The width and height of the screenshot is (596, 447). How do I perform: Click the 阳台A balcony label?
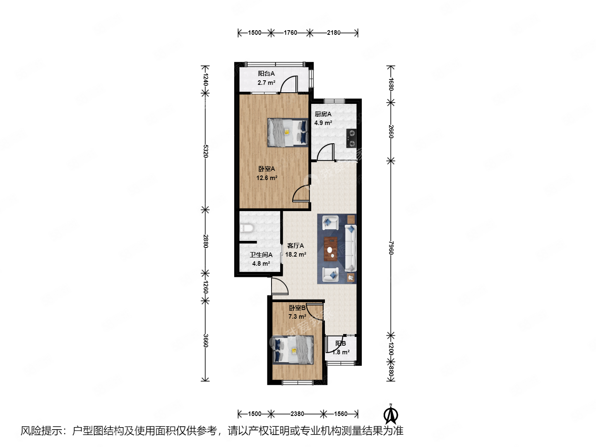[x=266, y=74]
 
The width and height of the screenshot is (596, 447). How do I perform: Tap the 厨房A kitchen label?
[x=323, y=114]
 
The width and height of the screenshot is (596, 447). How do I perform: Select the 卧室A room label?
[x=267, y=169]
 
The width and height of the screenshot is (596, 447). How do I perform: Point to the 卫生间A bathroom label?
[x=261, y=255]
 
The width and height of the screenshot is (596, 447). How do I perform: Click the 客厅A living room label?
[x=296, y=246]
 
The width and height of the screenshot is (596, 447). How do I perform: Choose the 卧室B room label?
[x=297, y=308]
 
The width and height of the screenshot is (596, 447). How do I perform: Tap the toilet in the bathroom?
[x=247, y=228]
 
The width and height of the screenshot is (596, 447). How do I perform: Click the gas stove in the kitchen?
[x=351, y=138]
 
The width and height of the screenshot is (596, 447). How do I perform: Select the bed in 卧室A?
[x=288, y=132]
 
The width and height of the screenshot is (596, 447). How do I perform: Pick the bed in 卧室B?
[x=293, y=350]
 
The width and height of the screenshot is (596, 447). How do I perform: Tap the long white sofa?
[x=351, y=248]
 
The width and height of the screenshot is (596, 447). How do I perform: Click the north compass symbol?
[x=391, y=414]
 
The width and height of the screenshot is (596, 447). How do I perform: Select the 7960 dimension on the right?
[x=391, y=248]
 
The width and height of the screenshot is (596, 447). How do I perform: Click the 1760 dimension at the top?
[x=290, y=33]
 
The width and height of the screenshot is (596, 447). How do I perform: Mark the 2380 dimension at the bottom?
[x=297, y=413]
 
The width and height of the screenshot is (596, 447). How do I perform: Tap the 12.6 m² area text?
[x=267, y=178]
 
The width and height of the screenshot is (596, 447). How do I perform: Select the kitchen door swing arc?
[x=326, y=152]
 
